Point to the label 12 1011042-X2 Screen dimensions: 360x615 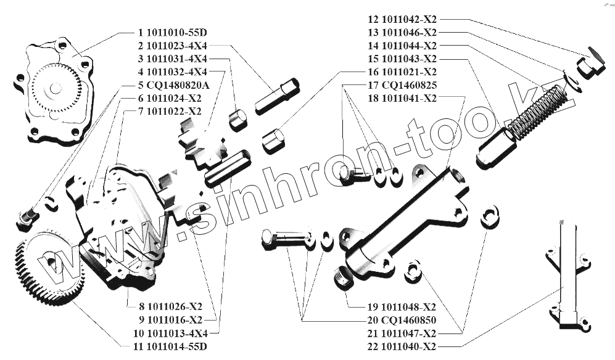pos(402,19)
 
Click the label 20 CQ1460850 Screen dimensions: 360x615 pos(402,320)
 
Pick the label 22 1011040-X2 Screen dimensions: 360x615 pos(402,346)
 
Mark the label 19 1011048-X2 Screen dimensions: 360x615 pos(402,307)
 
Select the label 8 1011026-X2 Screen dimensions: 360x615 pos(165,306)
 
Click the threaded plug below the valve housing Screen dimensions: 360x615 pos(342,279)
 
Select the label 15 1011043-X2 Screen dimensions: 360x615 pos(402,59)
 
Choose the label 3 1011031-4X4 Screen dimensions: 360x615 pos(172,59)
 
